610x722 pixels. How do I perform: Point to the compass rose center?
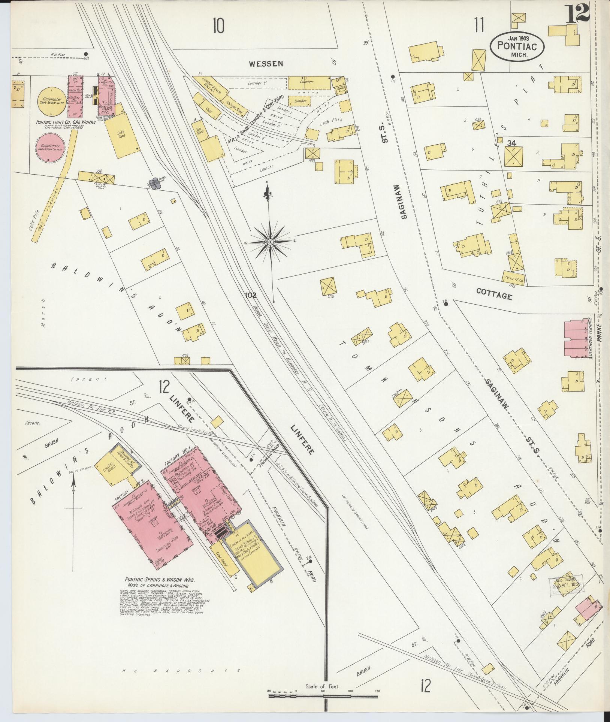click(270, 242)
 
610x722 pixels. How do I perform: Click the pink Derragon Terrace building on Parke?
click(576, 338)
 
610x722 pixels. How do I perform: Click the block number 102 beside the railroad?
click(250, 295)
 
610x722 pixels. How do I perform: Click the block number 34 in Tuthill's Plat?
click(511, 143)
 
